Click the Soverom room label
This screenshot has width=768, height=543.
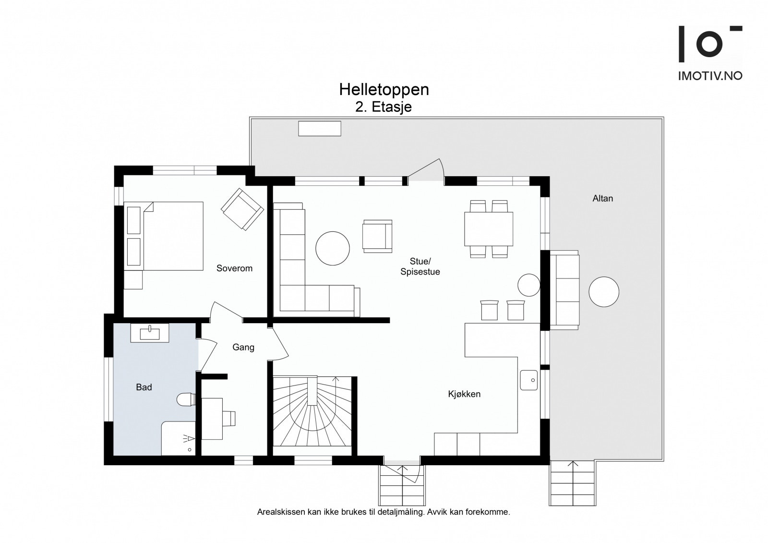234,268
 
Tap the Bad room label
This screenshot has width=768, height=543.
144,387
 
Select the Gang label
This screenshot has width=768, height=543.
243,347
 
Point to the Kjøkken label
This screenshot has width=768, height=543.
464,394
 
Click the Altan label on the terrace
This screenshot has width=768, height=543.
602,198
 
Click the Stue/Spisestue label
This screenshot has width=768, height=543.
420,266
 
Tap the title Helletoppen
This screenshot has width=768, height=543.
384,89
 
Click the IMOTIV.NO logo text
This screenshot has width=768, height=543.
710,76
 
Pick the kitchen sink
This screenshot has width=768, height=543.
529,380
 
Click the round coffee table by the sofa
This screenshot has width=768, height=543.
332,248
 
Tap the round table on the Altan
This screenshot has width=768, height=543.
603,291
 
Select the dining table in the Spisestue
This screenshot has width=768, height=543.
489,229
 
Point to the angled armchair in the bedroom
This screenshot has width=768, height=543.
242,208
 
